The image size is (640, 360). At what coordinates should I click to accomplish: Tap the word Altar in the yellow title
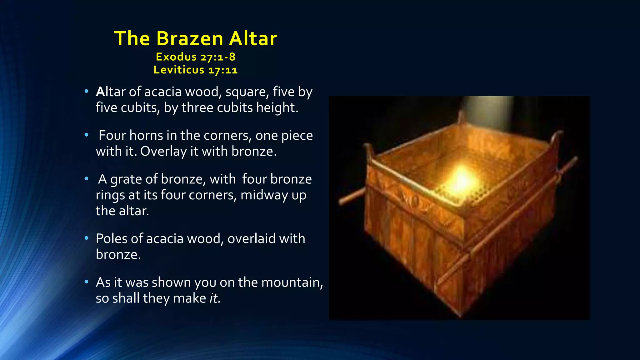tap(253, 39)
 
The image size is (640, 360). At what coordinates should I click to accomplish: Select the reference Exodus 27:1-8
tap(196, 57)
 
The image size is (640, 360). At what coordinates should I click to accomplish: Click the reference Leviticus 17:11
tap(196, 70)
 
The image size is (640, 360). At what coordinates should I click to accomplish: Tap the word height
tap(277, 108)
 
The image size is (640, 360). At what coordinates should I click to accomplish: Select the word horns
tap(146, 136)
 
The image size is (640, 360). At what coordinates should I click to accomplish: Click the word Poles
tap(111, 239)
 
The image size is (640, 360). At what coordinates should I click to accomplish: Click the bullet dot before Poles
tap(87, 238)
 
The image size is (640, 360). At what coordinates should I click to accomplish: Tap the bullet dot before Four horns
tap(87, 135)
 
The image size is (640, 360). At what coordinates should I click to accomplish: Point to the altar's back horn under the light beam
tap(461, 117)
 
